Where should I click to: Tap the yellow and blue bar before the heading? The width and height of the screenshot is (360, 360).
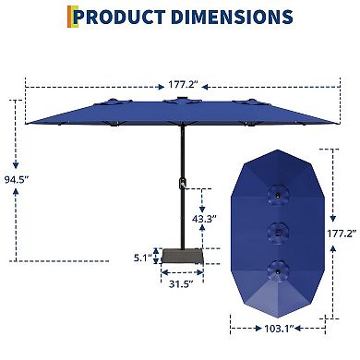click(72, 17)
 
